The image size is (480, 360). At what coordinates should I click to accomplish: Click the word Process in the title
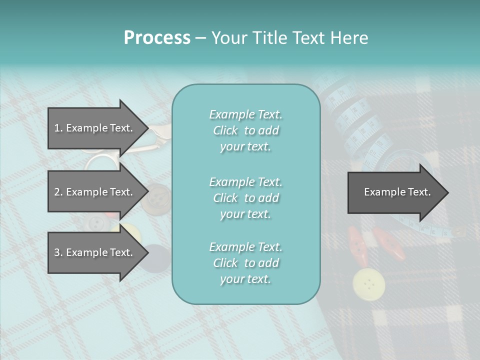coord(157,38)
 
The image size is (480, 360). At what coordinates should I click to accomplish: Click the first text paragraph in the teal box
coord(245,130)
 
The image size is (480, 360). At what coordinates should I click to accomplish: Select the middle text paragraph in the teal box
coord(245,198)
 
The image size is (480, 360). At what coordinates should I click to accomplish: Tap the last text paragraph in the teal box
coord(245,263)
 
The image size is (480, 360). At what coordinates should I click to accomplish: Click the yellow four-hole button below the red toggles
coord(369,284)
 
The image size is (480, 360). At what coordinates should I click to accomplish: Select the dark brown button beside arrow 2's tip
coord(155,197)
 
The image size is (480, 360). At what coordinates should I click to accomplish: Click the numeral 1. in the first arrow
coord(58,128)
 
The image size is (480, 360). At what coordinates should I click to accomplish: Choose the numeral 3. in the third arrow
coord(58,252)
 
